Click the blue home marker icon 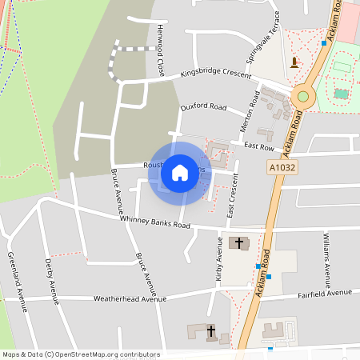click(x=180, y=172)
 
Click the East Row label click(x=259, y=147)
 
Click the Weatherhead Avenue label click(x=130, y=298)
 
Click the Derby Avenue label click(x=53, y=282)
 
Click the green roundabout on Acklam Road click(x=302, y=97)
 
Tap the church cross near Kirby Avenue click(x=238, y=242)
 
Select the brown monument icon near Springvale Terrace click(x=294, y=62)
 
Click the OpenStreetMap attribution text click(x=81, y=354)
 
